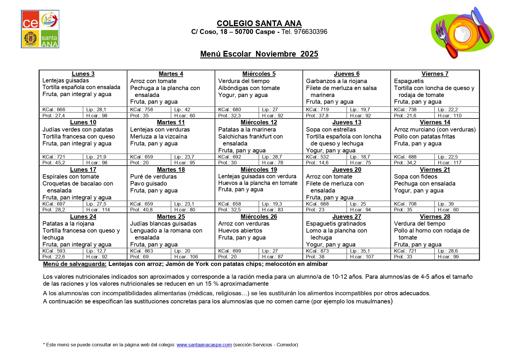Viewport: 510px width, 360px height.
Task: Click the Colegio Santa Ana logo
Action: (40, 29)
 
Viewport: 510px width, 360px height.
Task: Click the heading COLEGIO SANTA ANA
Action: (259, 24)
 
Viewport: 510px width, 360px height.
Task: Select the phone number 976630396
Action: (310, 32)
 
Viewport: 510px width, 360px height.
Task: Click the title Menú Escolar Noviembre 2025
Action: (259, 54)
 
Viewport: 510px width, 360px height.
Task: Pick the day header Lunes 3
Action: (83, 74)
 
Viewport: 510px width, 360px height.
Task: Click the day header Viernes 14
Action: (435, 122)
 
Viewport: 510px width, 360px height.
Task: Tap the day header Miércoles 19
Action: (259, 170)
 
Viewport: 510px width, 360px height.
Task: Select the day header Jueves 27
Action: (347, 217)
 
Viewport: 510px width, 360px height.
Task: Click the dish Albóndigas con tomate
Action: (249, 88)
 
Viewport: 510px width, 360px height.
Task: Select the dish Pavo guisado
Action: (148, 183)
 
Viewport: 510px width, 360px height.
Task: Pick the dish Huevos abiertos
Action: (240, 231)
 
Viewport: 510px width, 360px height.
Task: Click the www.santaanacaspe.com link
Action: (204, 345)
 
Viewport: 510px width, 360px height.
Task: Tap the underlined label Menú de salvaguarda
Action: (75, 264)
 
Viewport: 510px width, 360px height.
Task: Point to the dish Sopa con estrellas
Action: (331, 129)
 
